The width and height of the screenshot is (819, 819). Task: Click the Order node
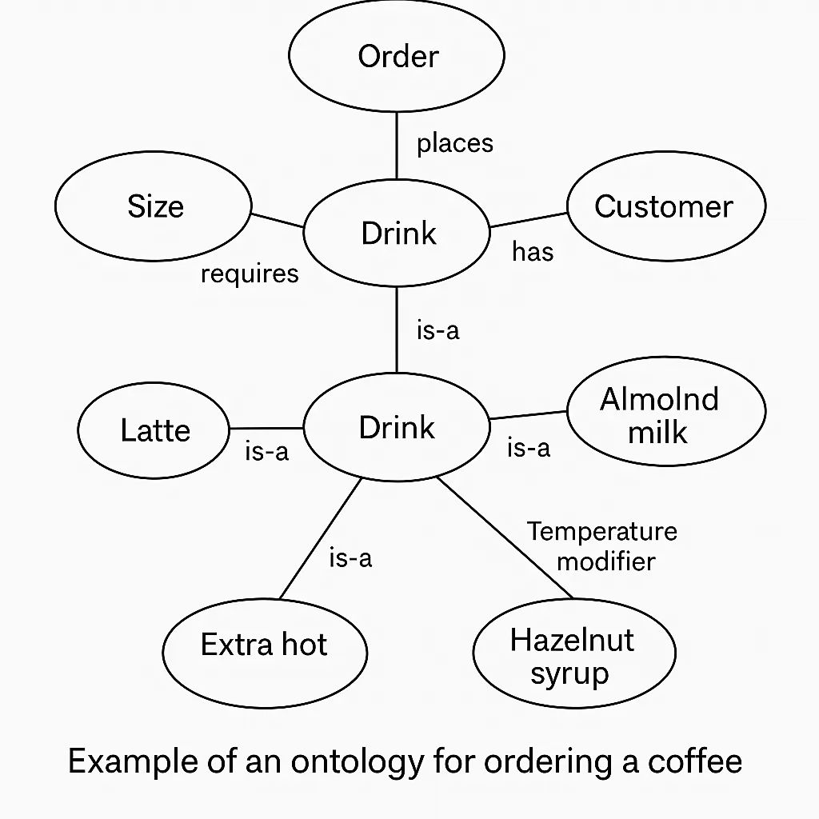(x=397, y=57)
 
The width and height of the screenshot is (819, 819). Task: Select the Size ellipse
(x=154, y=206)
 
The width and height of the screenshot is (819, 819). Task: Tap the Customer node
(x=665, y=206)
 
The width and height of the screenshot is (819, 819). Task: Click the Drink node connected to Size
(x=397, y=234)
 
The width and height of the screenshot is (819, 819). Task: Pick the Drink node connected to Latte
(x=397, y=427)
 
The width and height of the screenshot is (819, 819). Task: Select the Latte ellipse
(x=154, y=430)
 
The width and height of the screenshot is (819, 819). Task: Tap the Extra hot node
(x=264, y=645)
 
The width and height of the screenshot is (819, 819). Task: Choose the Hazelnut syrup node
(x=573, y=656)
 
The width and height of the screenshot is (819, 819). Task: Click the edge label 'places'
(x=455, y=143)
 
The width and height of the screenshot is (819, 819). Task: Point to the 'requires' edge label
(x=250, y=274)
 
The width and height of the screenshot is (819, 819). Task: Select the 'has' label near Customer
(x=533, y=252)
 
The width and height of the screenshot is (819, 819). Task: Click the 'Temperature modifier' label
(x=602, y=545)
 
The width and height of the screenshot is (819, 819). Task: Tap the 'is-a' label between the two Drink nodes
(x=438, y=330)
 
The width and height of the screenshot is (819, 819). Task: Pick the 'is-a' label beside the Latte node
(x=266, y=451)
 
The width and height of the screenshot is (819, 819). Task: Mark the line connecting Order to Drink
(x=397, y=146)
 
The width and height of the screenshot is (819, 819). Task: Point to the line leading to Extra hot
(x=320, y=539)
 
